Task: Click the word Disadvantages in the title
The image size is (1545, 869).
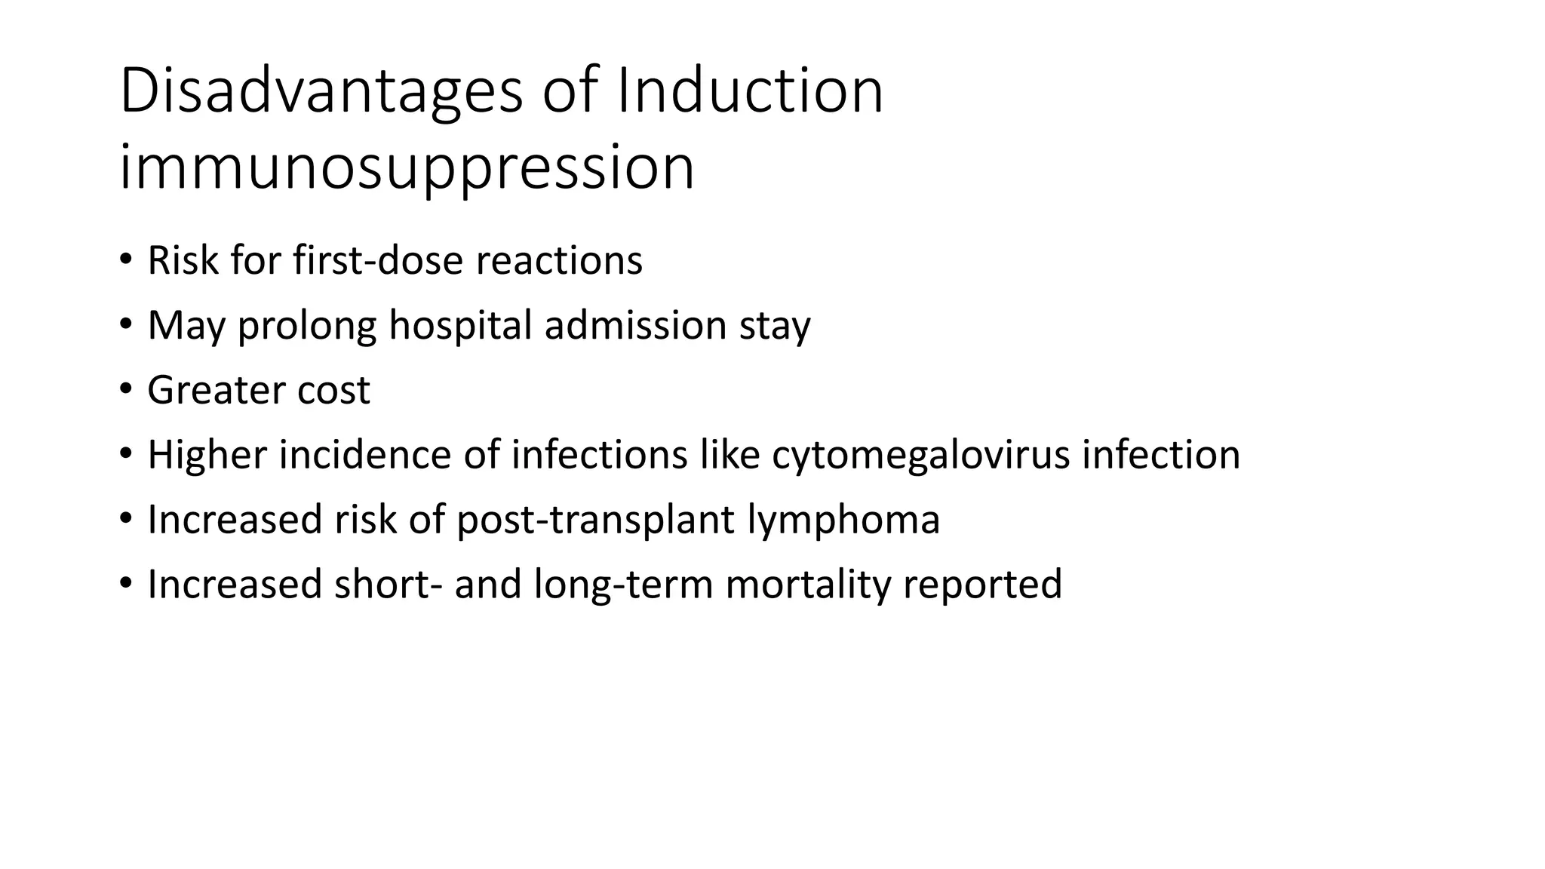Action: tap(321, 92)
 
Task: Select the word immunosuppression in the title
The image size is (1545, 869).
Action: tap(407, 167)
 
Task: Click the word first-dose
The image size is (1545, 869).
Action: tap(378, 260)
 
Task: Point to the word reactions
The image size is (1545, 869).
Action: tap(558, 260)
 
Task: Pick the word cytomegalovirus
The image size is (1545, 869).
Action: tap(920, 456)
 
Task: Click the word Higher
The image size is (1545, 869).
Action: tap(207, 455)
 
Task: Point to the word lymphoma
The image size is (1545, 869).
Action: tap(843, 520)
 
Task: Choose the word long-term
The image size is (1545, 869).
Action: tap(623, 585)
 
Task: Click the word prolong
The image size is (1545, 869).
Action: tap(307, 327)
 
